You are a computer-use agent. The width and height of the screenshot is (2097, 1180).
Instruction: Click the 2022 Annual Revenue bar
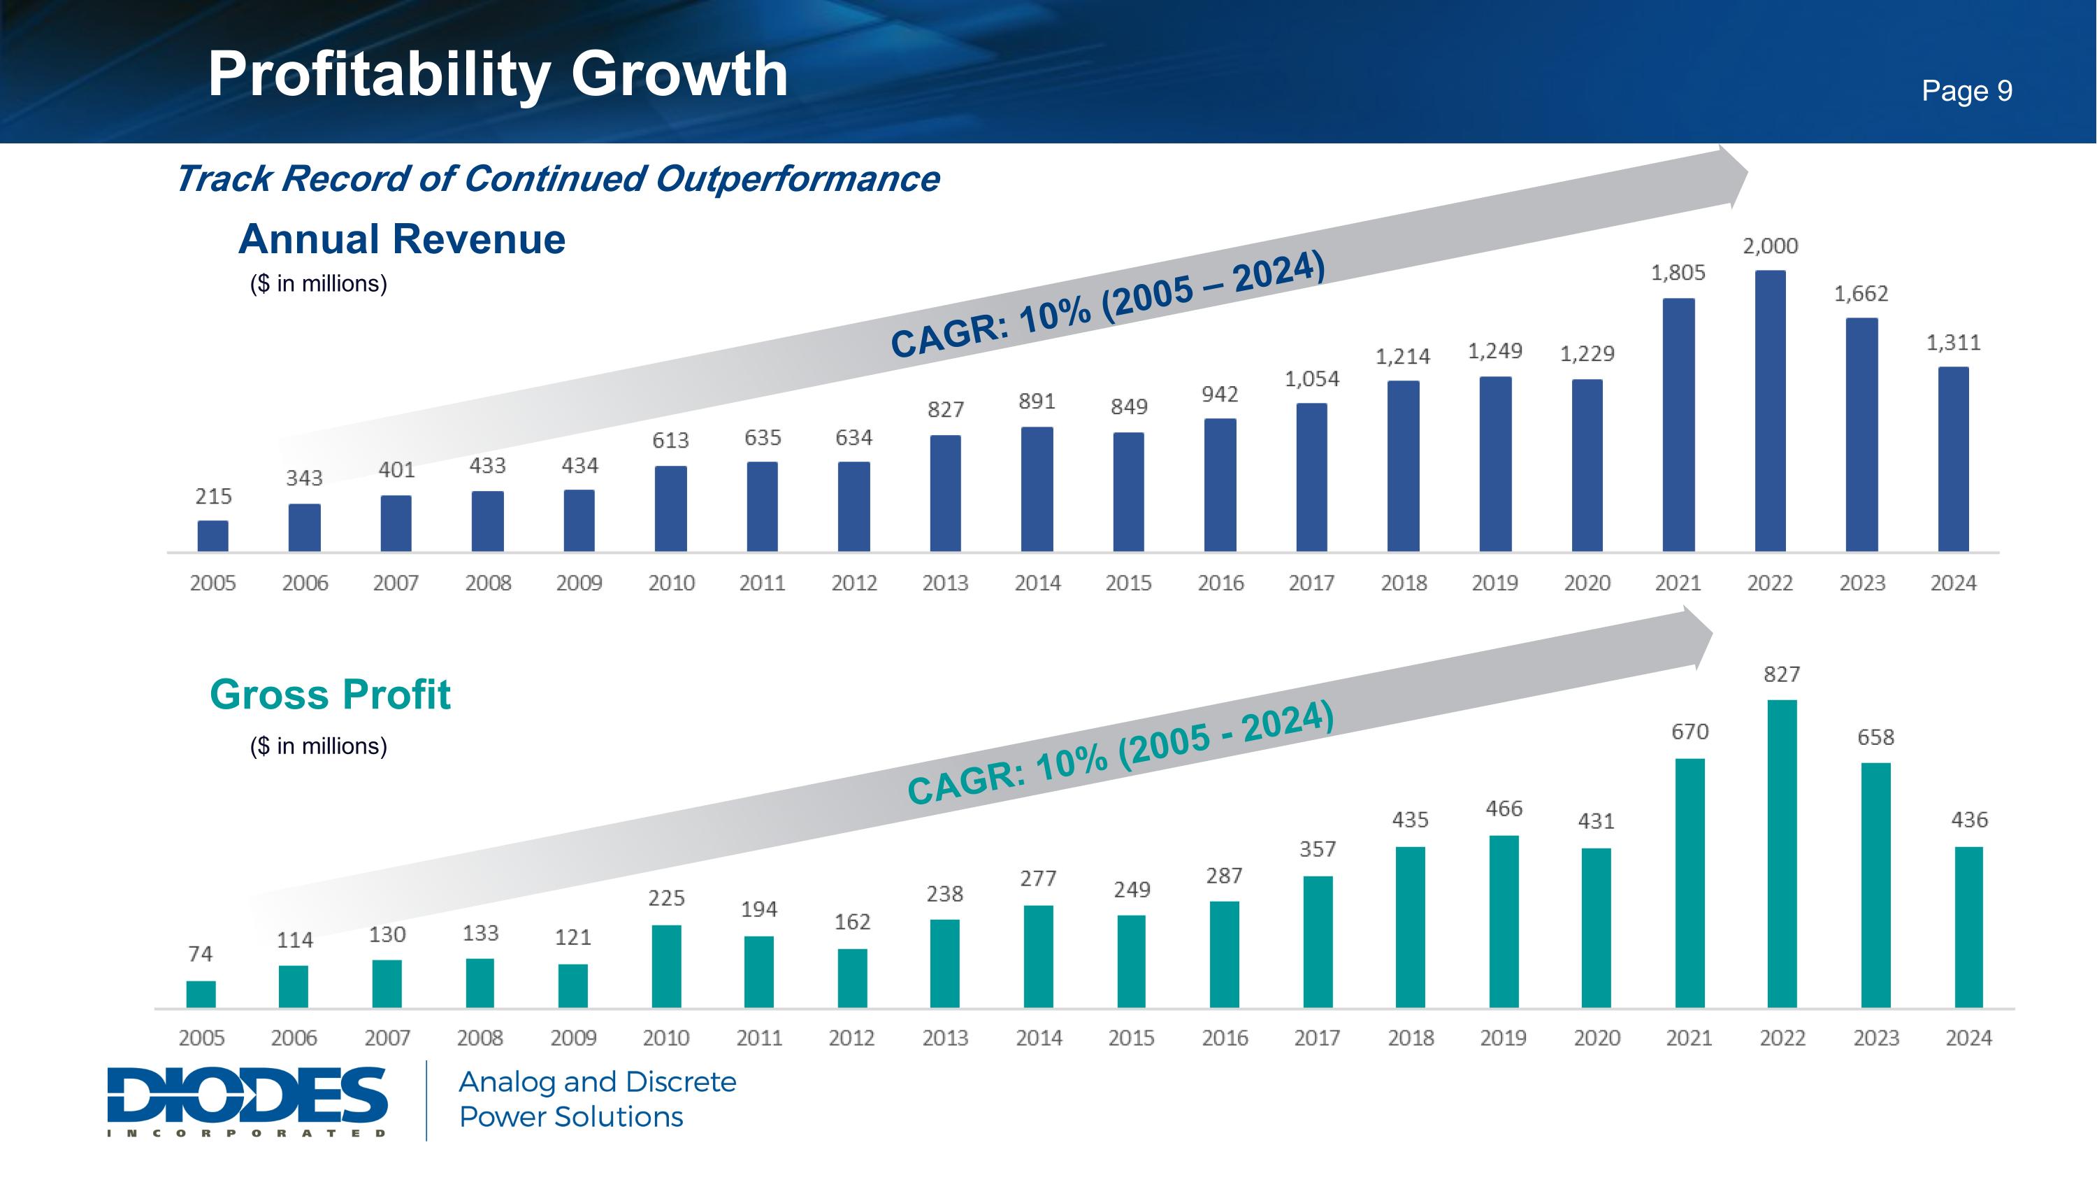pos(1770,411)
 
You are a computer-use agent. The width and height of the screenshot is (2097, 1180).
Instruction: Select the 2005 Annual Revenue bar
pos(212,536)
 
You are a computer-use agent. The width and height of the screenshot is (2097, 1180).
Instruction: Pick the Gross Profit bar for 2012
pos(852,978)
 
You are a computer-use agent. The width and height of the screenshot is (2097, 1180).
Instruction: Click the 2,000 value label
pos(1770,246)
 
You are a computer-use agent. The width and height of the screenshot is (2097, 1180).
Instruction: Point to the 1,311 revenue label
pos(1953,343)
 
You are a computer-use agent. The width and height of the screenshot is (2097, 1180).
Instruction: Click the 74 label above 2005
pos(200,953)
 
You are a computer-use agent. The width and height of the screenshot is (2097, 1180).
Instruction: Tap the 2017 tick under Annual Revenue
pos(1311,583)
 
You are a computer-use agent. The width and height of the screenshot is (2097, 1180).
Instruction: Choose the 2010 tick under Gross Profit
pos(666,1038)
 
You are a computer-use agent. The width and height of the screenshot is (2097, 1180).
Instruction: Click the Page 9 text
pos(1967,90)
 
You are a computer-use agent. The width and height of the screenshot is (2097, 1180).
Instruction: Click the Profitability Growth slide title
pos(498,74)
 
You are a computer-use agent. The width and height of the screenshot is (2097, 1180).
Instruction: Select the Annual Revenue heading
pos(401,239)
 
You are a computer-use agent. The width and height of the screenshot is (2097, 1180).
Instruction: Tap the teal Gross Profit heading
pos(330,695)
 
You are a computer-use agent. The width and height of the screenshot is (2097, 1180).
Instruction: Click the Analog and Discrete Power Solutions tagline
pos(598,1100)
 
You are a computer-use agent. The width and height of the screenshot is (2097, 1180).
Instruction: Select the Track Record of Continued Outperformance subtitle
pos(558,179)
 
